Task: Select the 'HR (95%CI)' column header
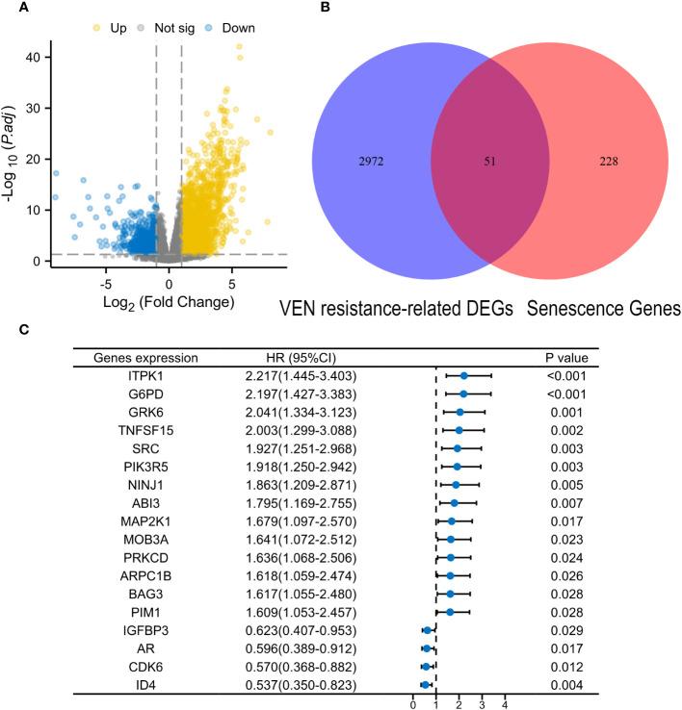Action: pyautogui.click(x=286, y=358)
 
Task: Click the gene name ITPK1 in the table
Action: pyautogui.click(x=134, y=375)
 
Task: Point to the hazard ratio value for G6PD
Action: pyautogui.click(x=286, y=393)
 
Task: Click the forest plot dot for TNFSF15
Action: pyautogui.click(x=459, y=430)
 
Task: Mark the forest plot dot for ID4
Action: pyautogui.click(x=425, y=685)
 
